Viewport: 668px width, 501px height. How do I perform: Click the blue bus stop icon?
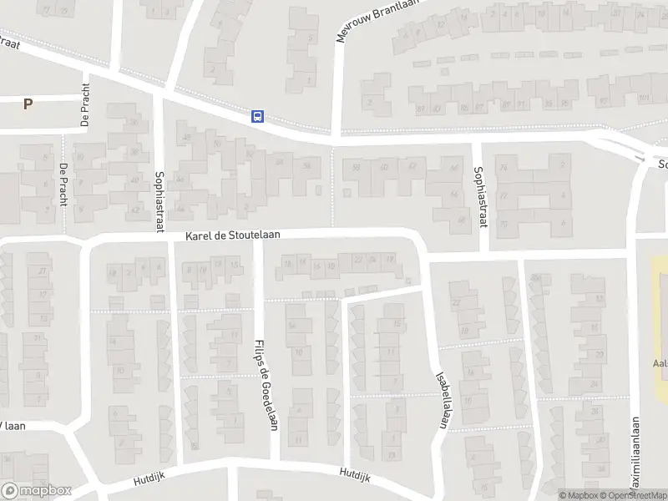(x=258, y=116)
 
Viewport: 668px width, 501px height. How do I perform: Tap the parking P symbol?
(x=28, y=104)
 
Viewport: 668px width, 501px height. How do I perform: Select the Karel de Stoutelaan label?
(x=233, y=237)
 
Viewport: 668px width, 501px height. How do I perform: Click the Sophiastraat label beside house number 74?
(x=480, y=196)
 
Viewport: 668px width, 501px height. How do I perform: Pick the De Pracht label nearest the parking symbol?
(x=84, y=109)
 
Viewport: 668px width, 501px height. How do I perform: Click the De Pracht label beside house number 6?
(x=63, y=184)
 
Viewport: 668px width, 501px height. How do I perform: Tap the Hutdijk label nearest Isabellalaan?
(x=354, y=473)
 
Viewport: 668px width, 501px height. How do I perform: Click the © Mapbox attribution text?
(x=579, y=495)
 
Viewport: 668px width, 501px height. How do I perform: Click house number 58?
(x=357, y=167)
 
